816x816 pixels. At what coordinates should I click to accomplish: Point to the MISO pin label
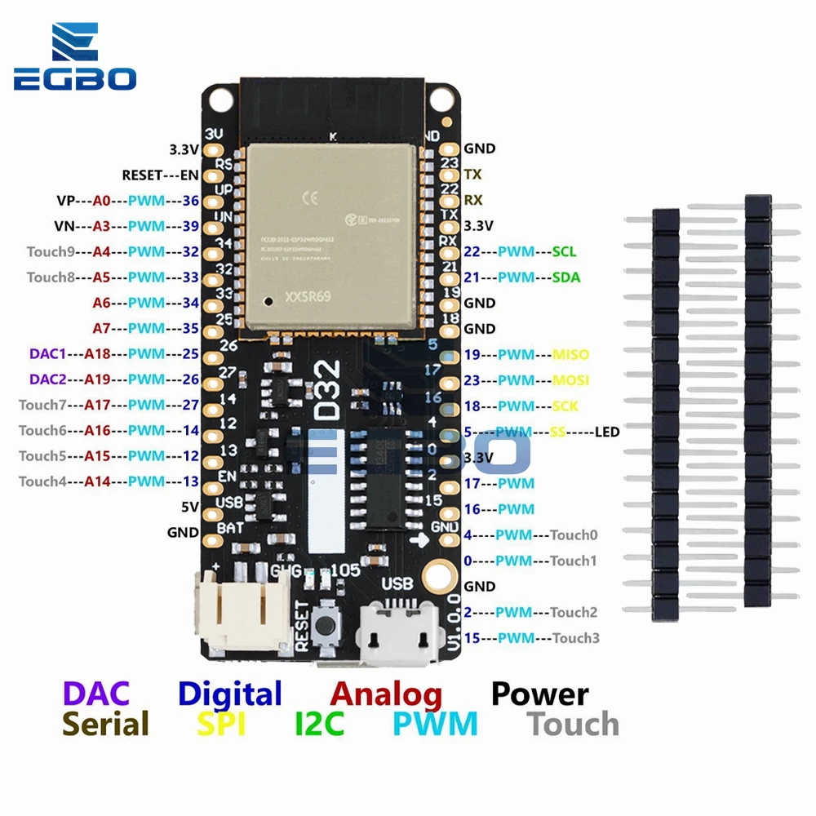[570, 355]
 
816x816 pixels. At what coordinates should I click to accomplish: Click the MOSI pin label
[570, 380]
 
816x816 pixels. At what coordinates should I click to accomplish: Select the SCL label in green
[565, 251]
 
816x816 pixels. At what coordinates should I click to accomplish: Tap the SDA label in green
[565, 277]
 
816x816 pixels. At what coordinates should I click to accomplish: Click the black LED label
[607, 432]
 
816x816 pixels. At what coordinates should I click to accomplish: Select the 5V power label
[190, 507]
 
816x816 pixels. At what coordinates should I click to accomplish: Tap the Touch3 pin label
[576, 638]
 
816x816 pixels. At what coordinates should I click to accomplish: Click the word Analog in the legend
[386, 694]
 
